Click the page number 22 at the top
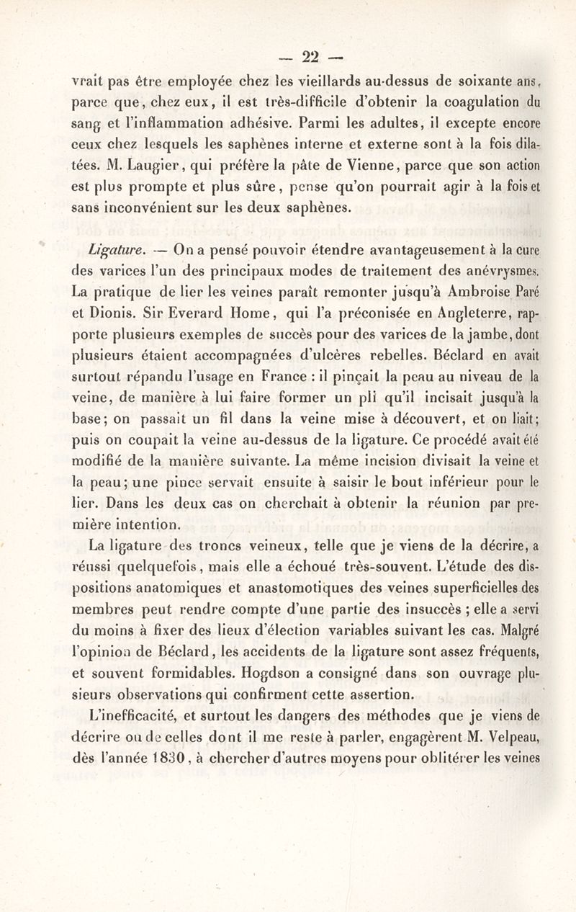click(x=310, y=55)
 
